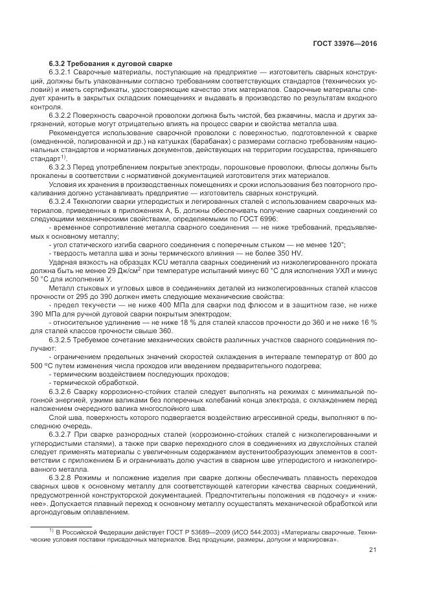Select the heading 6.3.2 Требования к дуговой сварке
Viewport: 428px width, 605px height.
coord(110,63)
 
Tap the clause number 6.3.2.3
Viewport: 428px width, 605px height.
coord(63,167)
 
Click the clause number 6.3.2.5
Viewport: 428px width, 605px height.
coord(63,338)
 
